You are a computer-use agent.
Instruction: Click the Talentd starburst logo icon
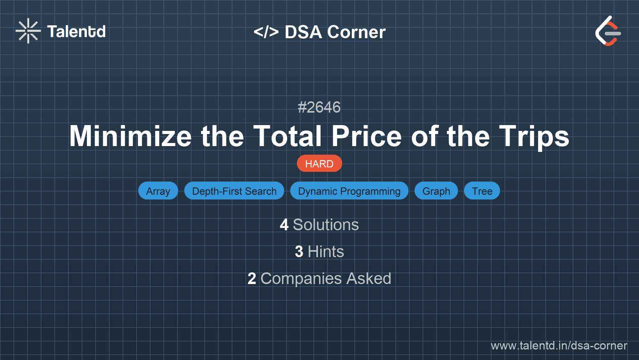pyautogui.click(x=28, y=31)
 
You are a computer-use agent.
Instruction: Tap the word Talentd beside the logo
pyautogui.click(x=76, y=32)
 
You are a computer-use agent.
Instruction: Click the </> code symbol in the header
pyautogui.click(x=266, y=32)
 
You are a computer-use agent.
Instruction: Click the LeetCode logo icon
pyautogui.click(x=608, y=31)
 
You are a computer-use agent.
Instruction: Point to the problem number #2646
pyautogui.click(x=319, y=107)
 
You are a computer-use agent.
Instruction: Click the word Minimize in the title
pyautogui.click(x=131, y=136)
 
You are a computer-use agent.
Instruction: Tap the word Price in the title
pyautogui.click(x=366, y=136)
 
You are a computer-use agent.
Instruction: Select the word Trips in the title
pyautogui.click(x=534, y=136)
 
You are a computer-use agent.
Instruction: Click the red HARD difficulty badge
pyautogui.click(x=319, y=164)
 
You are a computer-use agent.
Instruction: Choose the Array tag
pyautogui.click(x=158, y=191)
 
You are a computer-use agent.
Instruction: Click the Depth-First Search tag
pyautogui.click(x=234, y=191)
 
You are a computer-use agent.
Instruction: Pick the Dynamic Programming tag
pyautogui.click(x=349, y=191)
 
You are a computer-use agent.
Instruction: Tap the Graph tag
pyautogui.click(x=436, y=191)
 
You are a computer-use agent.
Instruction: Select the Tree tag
pyautogui.click(x=482, y=191)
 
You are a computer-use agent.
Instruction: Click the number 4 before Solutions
pyautogui.click(x=284, y=225)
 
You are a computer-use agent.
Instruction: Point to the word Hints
pyautogui.click(x=326, y=252)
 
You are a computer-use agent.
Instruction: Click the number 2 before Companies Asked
pyautogui.click(x=252, y=279)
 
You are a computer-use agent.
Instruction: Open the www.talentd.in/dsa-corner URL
pyautogui.click(x=559, y=346)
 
